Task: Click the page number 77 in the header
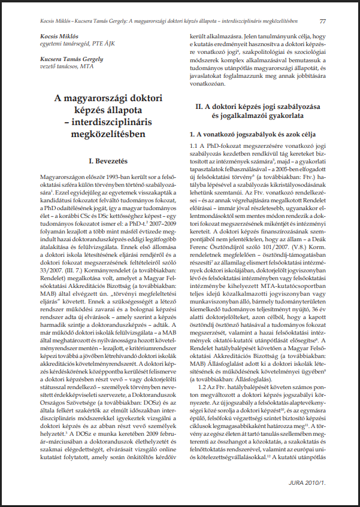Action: pos(323,22)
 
